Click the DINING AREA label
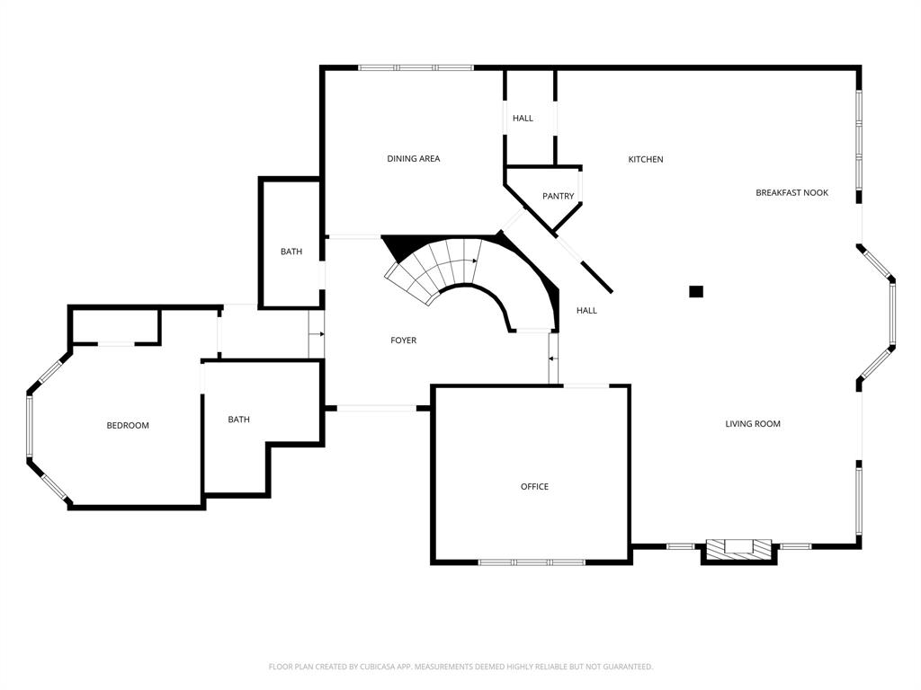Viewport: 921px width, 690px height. pyautogui.click(x=414, y=159)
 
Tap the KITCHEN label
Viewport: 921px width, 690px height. pyautogui.click(x=645, y=159)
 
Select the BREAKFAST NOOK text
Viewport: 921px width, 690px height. pyautogui.click(x=791, y=192)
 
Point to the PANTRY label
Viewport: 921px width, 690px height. pyautogui.click(x=558, y=196)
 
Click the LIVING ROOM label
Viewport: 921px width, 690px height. pyautogui.click(x=753, y=423)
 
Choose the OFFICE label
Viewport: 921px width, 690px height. pyautogui.click(x=534, y=486)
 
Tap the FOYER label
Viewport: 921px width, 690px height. pyautogui.click(x=403, y=340)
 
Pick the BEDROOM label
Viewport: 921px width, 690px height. pyautogui.click(x=128, y=425)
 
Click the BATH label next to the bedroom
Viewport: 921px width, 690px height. pyautogui.click(x=238, y=419)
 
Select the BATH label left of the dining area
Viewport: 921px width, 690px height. pyautogui.click(x=291, y=252)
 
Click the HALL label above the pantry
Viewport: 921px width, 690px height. pyautogui.click(x=523, y=118)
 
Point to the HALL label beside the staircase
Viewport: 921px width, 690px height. pyautogui.click(x=586, y=310)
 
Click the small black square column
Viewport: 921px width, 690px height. pyautogui.click(x=695, y=291)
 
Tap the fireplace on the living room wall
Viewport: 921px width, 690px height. pyautogui.click(x=738, y=549)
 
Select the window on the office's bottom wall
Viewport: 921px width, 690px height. pyautogui.click(x=532, y=562)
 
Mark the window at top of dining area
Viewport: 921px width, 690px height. pyautogui.click(x=416, y=67)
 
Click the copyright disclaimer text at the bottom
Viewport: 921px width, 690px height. pyautogui.click(x=460, y=667)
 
